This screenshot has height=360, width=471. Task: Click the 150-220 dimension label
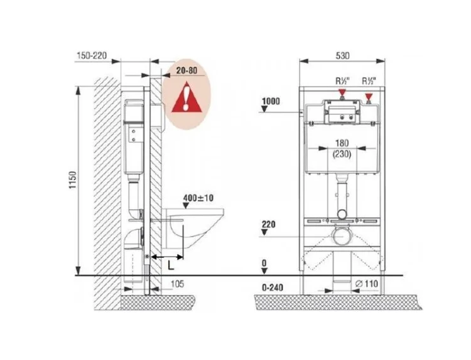[x=92, y=56]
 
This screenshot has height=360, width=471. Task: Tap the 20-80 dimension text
[x=187, y=71]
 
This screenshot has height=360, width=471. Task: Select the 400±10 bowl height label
[x=199, y=198]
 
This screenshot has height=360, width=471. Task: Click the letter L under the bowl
[x=171, y=265]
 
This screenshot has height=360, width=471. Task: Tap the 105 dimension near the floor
[x=177, y=284]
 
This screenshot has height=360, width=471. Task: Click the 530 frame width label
[x=343, y=56]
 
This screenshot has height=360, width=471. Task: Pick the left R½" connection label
[x=342, y=81]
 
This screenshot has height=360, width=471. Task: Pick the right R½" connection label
[x=369, y=81]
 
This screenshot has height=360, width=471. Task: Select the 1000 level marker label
[x=271, y=101]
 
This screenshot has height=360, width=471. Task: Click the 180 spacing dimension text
[x=342, y=143]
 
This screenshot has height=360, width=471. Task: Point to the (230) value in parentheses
[x=342, y=154]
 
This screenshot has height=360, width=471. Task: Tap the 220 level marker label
[x=269, y=224]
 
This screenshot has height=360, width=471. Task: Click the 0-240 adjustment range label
[x=272, y=288]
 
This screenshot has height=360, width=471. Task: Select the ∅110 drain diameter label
[x=366, y=284]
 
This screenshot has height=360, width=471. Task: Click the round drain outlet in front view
[x=342, y=236]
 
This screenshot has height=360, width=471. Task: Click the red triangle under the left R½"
[x=342, y=92]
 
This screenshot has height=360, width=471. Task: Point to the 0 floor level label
[x=264, y=263]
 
